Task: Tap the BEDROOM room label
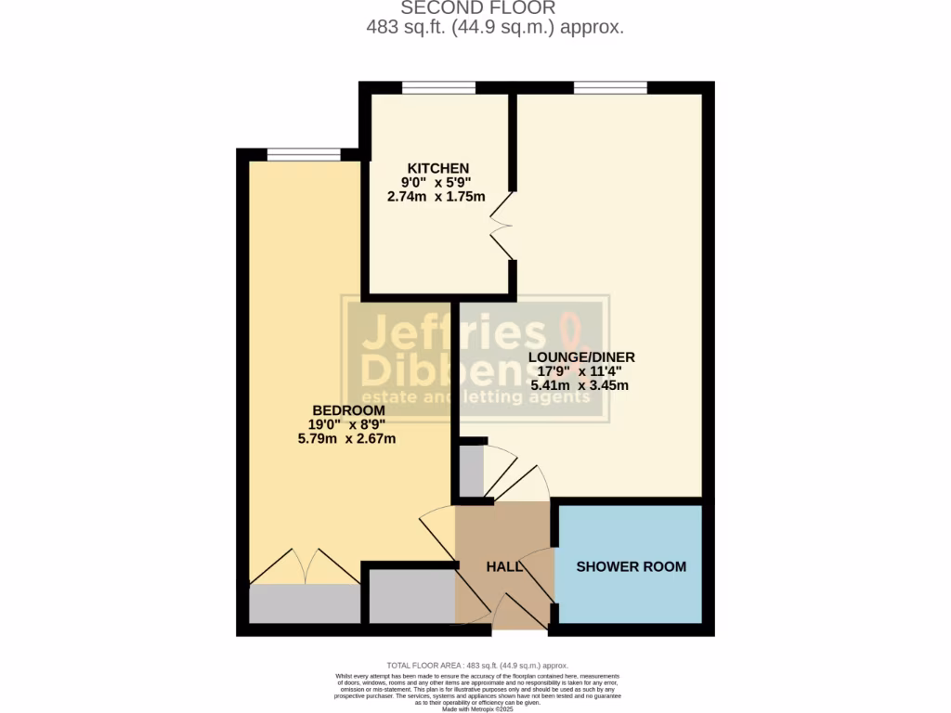click(x=348, y=411)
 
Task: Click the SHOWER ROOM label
click(x=632, y=566)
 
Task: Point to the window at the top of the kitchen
click(x=438, y=88)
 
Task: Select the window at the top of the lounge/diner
click(x=610, y=88)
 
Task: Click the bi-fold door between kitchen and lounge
click(x=502, y=227)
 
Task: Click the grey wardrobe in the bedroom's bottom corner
click(x=305, y=604)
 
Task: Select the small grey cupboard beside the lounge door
click(x=472, y=472)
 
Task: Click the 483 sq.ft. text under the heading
click(x=407, y=28)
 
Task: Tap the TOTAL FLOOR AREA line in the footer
click(x=477, y=666)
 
